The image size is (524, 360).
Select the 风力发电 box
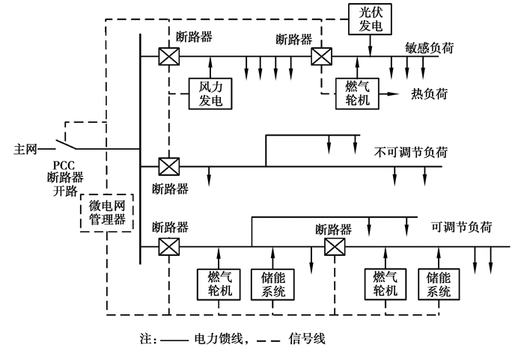210,94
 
